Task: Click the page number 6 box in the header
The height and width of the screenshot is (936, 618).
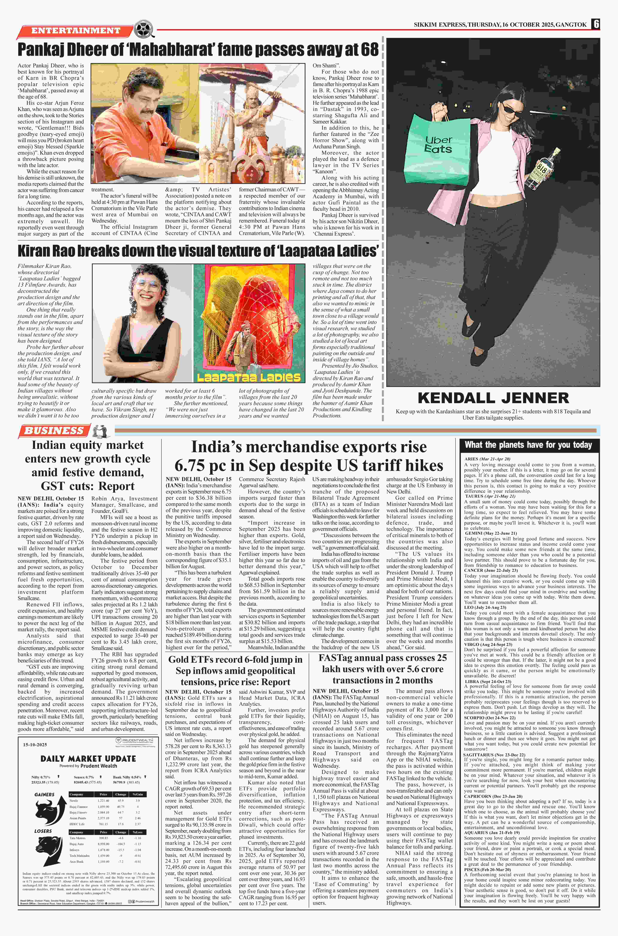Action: [596, 24]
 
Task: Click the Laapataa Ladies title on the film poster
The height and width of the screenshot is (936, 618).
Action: [249, 377]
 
